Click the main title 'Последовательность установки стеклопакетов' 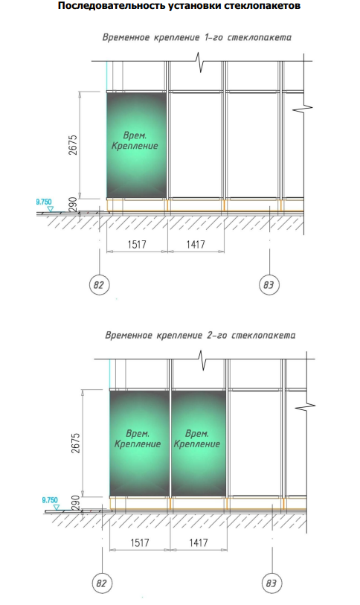click(x=179, y=6)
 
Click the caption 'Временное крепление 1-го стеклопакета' click(x=197, y=37)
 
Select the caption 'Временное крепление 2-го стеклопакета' click(x=200, y=335)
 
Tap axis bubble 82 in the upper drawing click(x=99, y=285)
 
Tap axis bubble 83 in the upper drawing click(x=269, y=285)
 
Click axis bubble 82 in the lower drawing click(x=101, y=583)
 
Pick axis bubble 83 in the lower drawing click(x=271, y=583)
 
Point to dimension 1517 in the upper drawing click(x=137, y=244)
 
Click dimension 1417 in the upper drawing click(x=196, y=244)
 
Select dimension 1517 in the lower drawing click(x=140, y=542)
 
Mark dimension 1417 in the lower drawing click(x=199, y=542)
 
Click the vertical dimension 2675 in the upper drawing click(x=74, y=144)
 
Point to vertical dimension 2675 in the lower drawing click(x=76, y=443)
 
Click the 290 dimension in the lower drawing click(x=77, y=502)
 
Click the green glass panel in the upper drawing click(x=137, y=144)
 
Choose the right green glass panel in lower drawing click(x=199, y=443)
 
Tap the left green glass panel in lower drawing click(x=140, y=443)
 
